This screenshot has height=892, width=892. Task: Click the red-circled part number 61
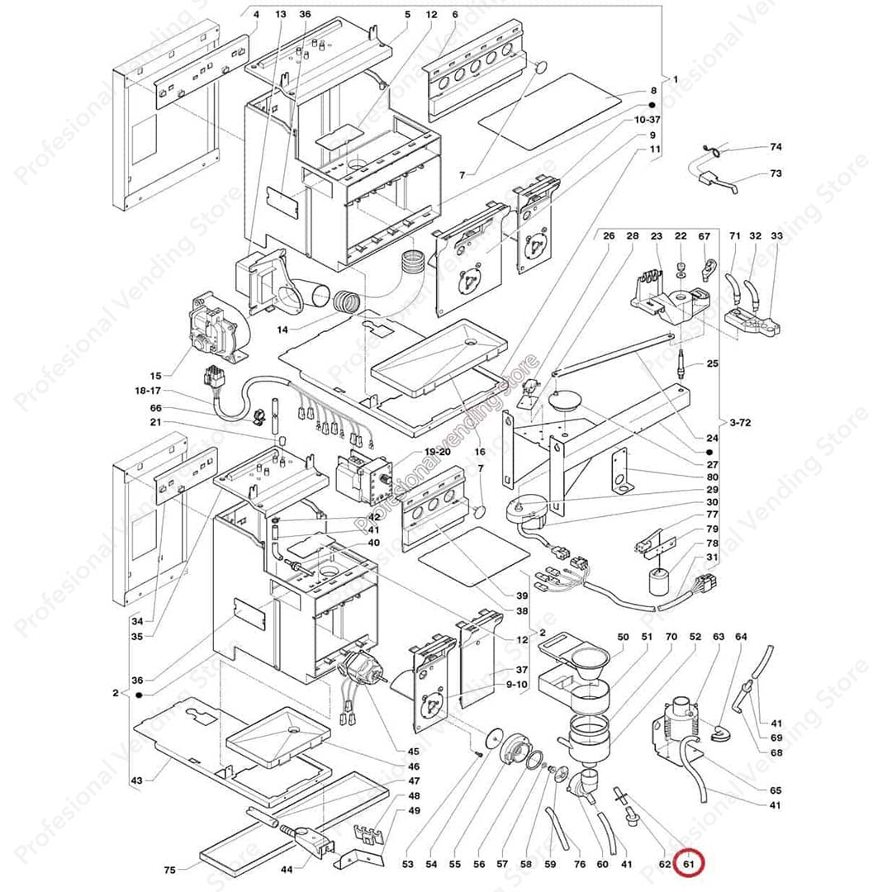click(x=688, y=865)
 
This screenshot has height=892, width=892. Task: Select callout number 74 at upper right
click(x=776, y=147)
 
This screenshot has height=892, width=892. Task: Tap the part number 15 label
click(x=155, y=376)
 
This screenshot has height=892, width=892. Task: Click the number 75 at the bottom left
click(x=170, y=869)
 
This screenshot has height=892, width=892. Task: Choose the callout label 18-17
click(x=149, y=391)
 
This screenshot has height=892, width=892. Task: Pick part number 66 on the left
click(x=155, y=408)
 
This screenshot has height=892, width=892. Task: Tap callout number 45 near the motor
click(x=413, y=752)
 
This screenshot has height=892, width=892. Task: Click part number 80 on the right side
click(x=712, y=477)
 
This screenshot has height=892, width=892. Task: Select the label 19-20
click(x=438, y=452)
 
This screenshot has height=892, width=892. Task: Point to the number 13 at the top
click(x=281, y=15)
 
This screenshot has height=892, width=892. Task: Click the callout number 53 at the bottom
click(x=407, y=865)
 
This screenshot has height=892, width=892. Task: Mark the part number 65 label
click(x=775, y=790)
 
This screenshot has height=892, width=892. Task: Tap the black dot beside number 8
click(x=652, y=106)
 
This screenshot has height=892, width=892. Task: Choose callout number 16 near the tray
click(x=480, y=452)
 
